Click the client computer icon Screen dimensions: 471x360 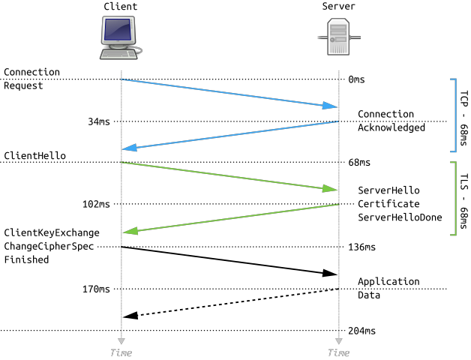(121, 37)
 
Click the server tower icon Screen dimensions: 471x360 (339, 37)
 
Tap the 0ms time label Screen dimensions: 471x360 (356, 79)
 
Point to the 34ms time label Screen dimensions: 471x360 (99, 121)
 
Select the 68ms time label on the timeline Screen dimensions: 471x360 (359, 163)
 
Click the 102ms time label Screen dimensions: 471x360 (96, 204)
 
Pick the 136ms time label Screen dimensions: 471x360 (362, 247)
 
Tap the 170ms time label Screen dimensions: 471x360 (96, 289)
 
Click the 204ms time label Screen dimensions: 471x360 (362, 331)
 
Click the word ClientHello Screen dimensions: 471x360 (34, 156)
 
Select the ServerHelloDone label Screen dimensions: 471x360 (400, 217)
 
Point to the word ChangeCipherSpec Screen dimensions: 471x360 (49, 247)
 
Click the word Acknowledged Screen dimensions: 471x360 (391, 127)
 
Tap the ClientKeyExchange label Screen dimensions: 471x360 (52, 233)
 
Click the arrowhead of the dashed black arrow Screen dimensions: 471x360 (130, 316)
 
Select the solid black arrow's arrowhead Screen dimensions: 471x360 (330, 273)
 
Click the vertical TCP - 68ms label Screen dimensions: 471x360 (463, 118)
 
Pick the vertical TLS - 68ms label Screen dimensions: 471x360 (463, 201)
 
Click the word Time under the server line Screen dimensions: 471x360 (338, 352)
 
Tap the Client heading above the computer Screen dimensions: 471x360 (121, 6)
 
